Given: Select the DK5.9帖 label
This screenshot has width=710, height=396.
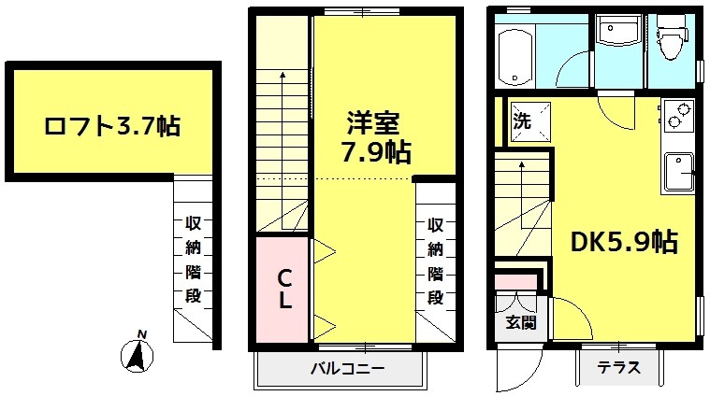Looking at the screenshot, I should (625, 243).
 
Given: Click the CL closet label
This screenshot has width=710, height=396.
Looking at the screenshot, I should (284, 290).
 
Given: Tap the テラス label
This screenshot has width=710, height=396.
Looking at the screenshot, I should (620, 368).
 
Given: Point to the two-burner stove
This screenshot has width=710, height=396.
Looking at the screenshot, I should (677, 117).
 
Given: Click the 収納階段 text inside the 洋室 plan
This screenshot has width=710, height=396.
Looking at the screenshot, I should (435, 262).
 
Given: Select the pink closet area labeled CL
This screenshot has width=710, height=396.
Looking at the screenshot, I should (283, 290).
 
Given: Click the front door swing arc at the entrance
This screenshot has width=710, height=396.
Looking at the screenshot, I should (513, 374).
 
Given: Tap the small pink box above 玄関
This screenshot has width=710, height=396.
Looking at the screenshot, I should (515, 280).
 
